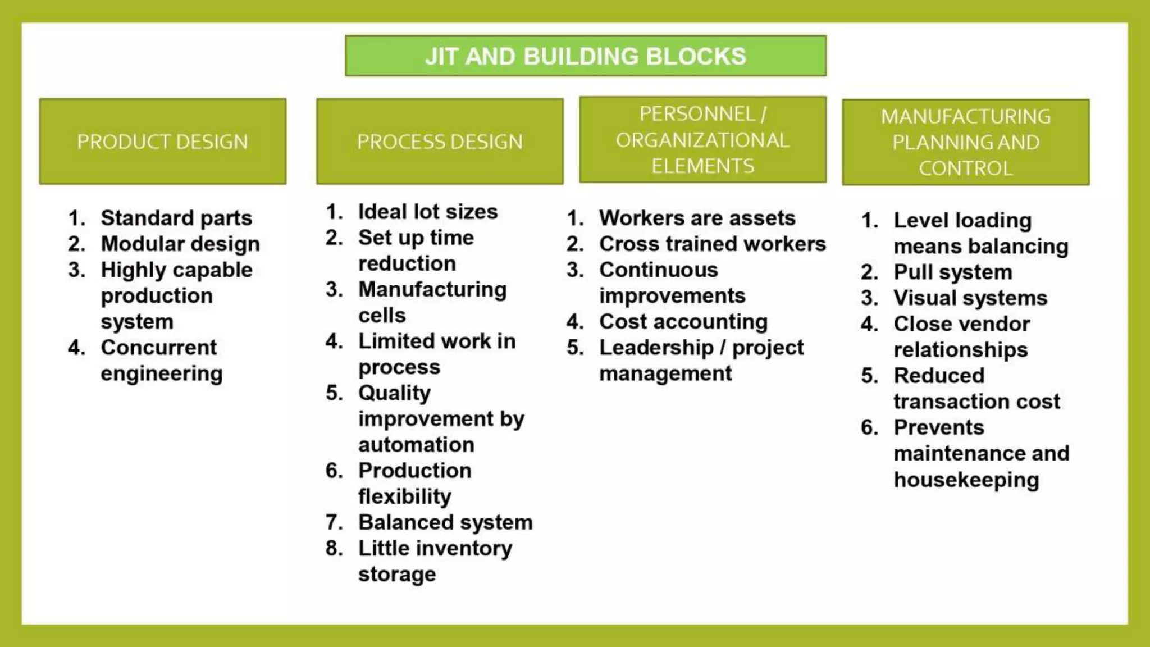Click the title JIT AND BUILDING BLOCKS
(585, 56)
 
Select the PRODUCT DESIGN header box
(162, 142)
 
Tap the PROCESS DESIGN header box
(440, 142)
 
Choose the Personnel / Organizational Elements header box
(702, 140)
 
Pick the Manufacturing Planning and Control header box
(965, 142)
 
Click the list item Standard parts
(176, 218)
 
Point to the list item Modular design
(180, 244)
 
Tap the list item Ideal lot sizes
(428, 212)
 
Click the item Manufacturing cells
(432, 302)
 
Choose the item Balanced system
(445, 522)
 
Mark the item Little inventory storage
(435, 561)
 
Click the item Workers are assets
(697, 218)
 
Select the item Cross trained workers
(712, 244)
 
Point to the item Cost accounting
(683, 321)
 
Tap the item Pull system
(953, 272)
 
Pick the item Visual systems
(970, 298)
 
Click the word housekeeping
(966, 480)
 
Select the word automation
(416, 445)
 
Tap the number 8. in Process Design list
(334, 548)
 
